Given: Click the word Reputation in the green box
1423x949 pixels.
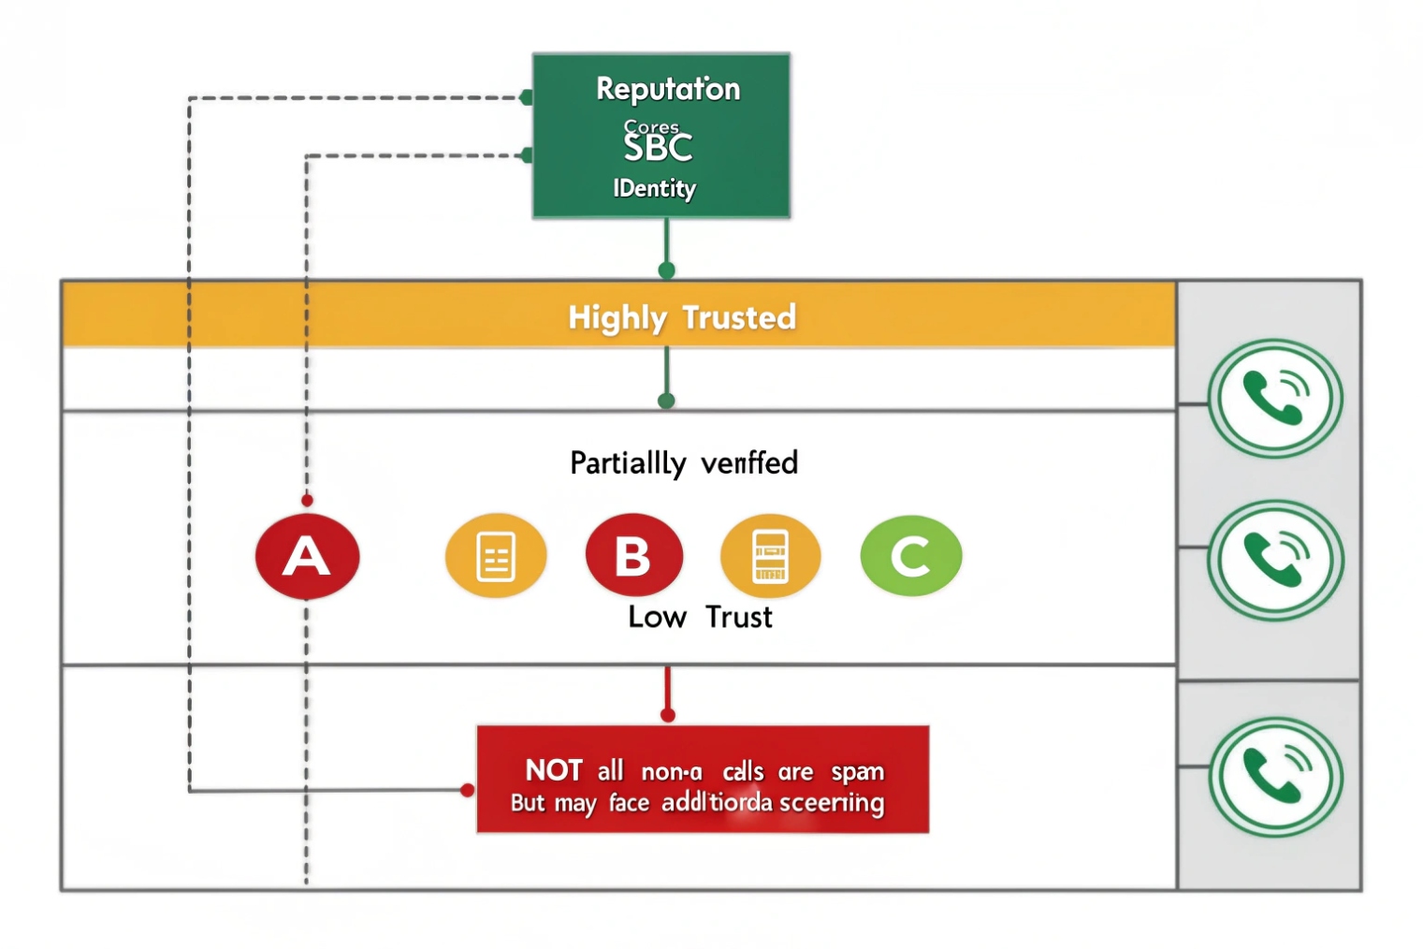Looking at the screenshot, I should coord(668,89).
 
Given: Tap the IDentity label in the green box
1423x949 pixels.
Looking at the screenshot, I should coord(654,188).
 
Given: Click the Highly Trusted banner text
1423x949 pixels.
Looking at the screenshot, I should coord(682,317).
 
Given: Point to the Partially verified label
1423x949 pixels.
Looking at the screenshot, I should coord(684,462).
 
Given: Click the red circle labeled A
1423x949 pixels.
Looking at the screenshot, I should coord(307,556).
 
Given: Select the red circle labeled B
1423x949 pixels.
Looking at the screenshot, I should coord(633,556).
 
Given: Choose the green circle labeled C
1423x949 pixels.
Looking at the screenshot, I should coord(910,556).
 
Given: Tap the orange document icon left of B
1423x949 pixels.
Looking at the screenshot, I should coord(496,556).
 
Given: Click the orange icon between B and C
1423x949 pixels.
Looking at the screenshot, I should coord(770,556).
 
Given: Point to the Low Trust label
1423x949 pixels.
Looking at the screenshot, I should coord(700,617).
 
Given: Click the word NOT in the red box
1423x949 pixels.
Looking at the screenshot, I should coord(554,770).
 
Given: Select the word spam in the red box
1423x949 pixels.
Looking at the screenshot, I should coord(857,771).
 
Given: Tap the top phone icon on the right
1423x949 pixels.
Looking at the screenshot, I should coord(1274,398).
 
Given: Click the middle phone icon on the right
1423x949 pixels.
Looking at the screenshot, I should coord(1275,560).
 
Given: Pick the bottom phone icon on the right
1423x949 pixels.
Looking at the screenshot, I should coord(1275,777).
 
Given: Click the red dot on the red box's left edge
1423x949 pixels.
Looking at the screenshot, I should coord(468,791).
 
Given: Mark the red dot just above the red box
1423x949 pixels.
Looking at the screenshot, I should coord(667,715).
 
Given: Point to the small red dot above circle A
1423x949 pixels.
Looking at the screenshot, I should coord(307,501).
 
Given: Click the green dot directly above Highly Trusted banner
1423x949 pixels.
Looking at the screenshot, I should coord(666,270).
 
